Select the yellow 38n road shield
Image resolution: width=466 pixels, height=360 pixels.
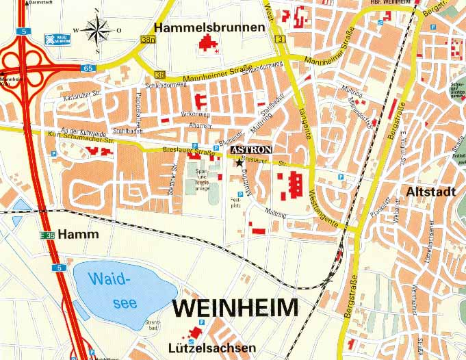[148, 40]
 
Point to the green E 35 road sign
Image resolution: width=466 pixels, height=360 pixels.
[46, 236]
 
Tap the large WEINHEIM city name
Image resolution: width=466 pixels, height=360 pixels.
[235, 308]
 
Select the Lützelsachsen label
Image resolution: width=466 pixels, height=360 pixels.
[212, 348]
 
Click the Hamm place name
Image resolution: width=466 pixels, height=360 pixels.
[79, 235]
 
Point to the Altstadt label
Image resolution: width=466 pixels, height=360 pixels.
[430, 192]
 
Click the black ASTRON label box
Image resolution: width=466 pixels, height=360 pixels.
[251, 149]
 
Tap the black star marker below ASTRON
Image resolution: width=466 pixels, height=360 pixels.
[239, 162]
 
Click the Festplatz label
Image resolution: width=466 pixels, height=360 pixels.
[234, 201]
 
